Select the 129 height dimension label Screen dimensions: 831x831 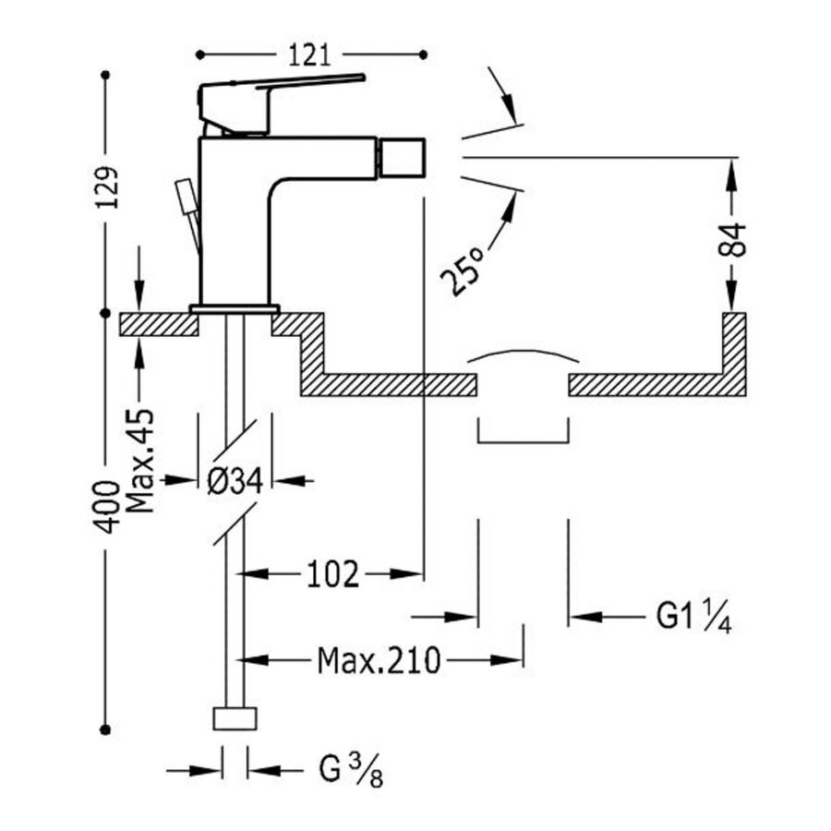pyautogui.click(x=108, y=191)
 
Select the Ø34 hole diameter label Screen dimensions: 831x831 pyautogui.click(x=236, y=480)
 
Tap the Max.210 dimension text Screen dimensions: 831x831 pyautogui.click(x=379, y=660)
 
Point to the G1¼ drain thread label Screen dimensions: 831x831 pyautogui.click(x=693, y=616)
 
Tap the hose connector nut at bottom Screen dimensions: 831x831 pyautogui.click(x=235, y=719)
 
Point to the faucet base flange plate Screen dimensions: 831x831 pyautogui.click(x=235, y=308)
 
